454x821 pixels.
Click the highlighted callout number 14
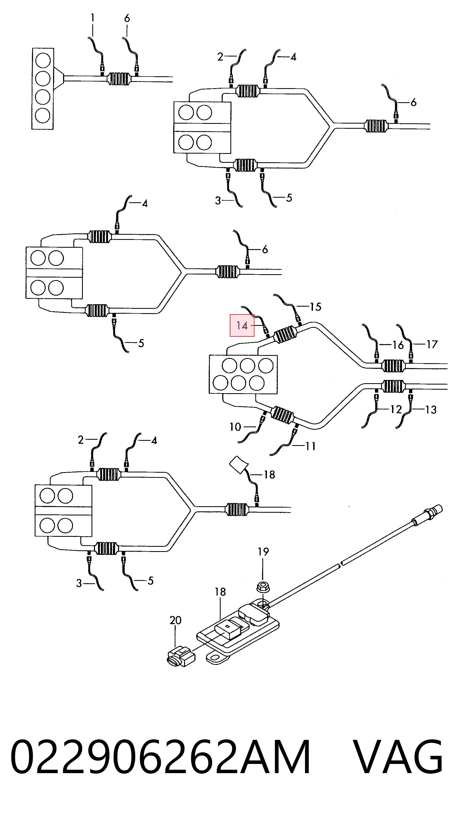tap(242, 325)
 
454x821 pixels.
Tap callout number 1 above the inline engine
tap(93, 18)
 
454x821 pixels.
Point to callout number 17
tap(432, 344)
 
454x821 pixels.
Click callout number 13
tap(431, 409)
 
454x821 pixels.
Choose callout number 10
tap(235, 427)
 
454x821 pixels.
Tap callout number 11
tap(311, 446)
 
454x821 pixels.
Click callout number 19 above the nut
tap(263, 551)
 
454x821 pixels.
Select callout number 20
tap(175, 620)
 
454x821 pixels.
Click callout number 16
tap(398, 345)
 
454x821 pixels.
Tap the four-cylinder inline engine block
tap(43, 89)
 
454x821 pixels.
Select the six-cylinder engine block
tap(243, 374)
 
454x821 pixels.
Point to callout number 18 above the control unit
tap(220, 592)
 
